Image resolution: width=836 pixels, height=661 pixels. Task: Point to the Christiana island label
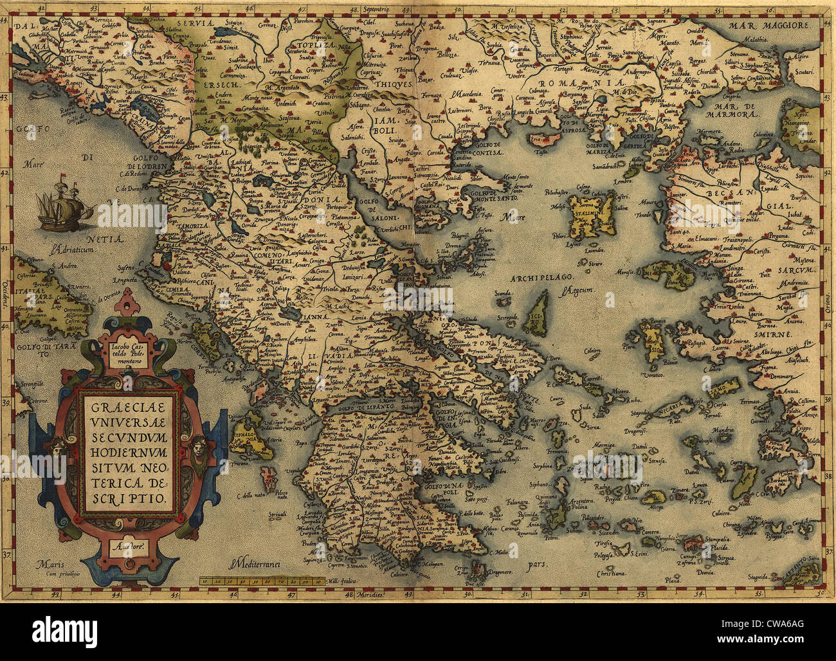(x=610, y=572)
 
